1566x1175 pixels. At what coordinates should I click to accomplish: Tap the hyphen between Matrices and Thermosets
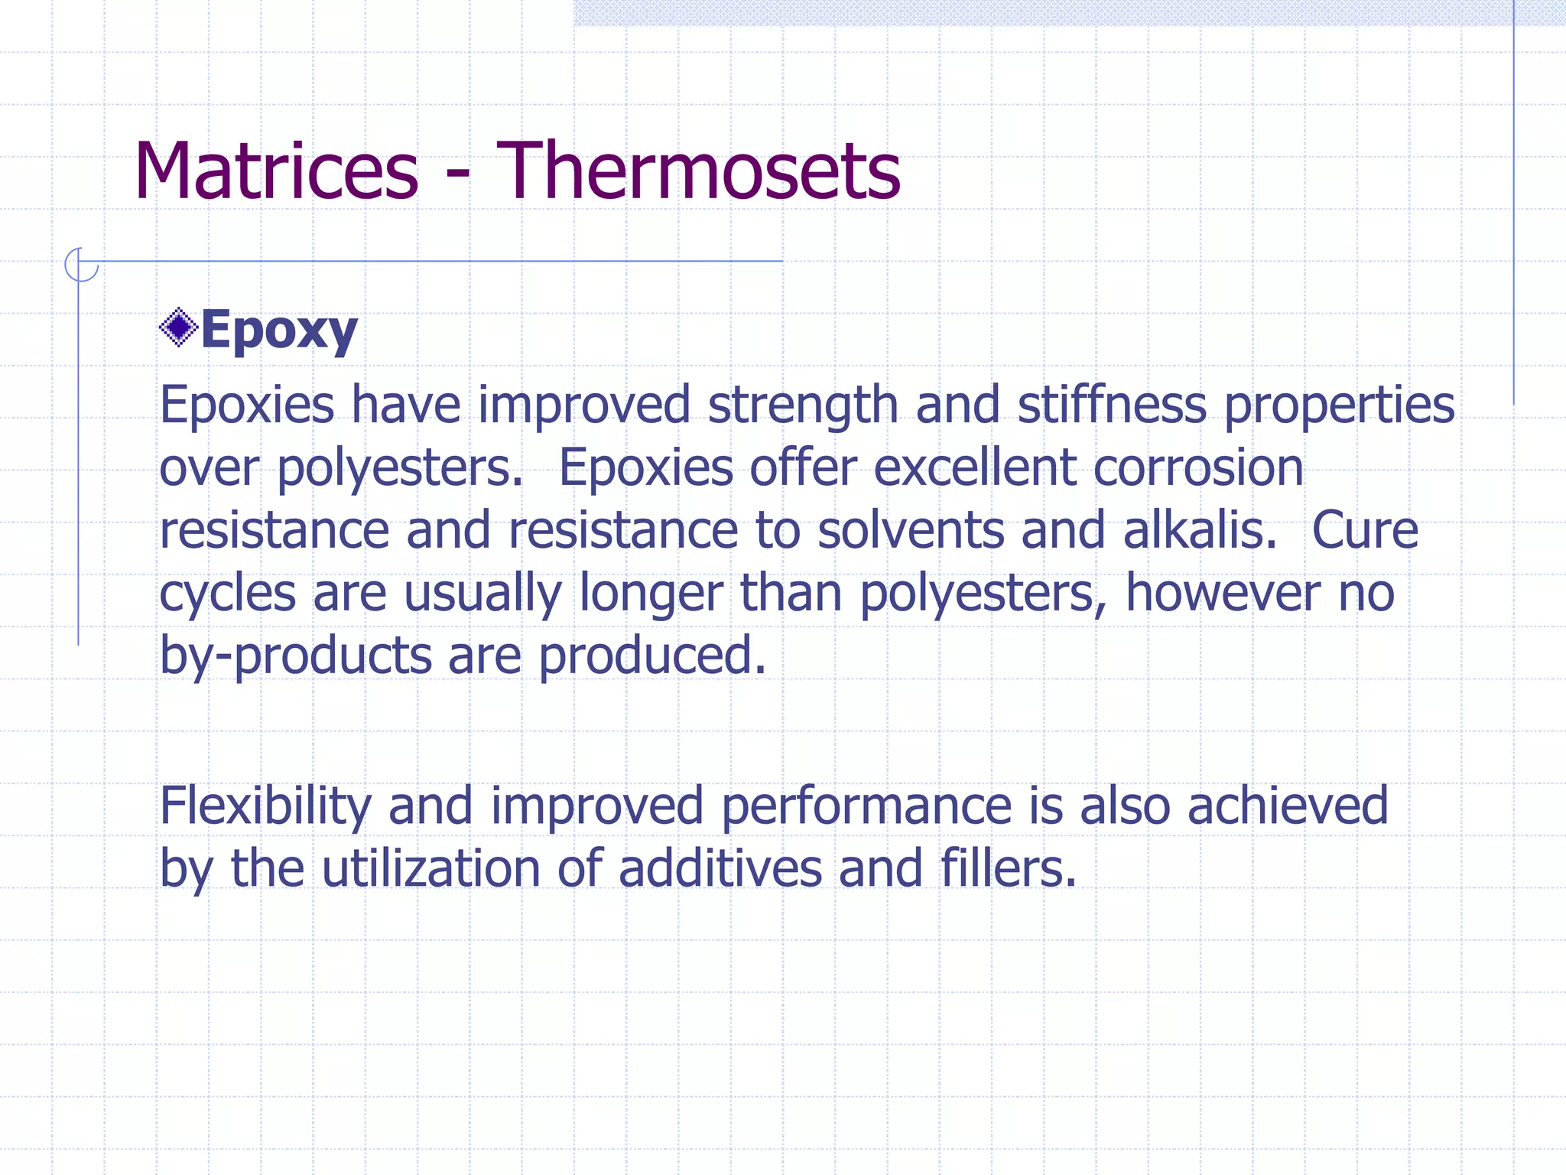(457, 177)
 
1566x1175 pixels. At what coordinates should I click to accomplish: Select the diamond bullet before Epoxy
(178, 328)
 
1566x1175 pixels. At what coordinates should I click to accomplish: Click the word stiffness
(1112, 405)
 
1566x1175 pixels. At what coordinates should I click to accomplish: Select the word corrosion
(1198, 468)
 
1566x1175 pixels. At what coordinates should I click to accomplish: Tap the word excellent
(974, 468)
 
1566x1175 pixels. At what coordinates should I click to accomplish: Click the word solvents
(911, 531)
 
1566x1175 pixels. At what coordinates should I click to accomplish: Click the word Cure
(1365, 531)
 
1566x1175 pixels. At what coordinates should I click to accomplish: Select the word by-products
(295, 657)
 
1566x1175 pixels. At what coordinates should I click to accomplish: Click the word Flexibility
(265, 807)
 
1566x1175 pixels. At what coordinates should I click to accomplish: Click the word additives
(720, 870)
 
